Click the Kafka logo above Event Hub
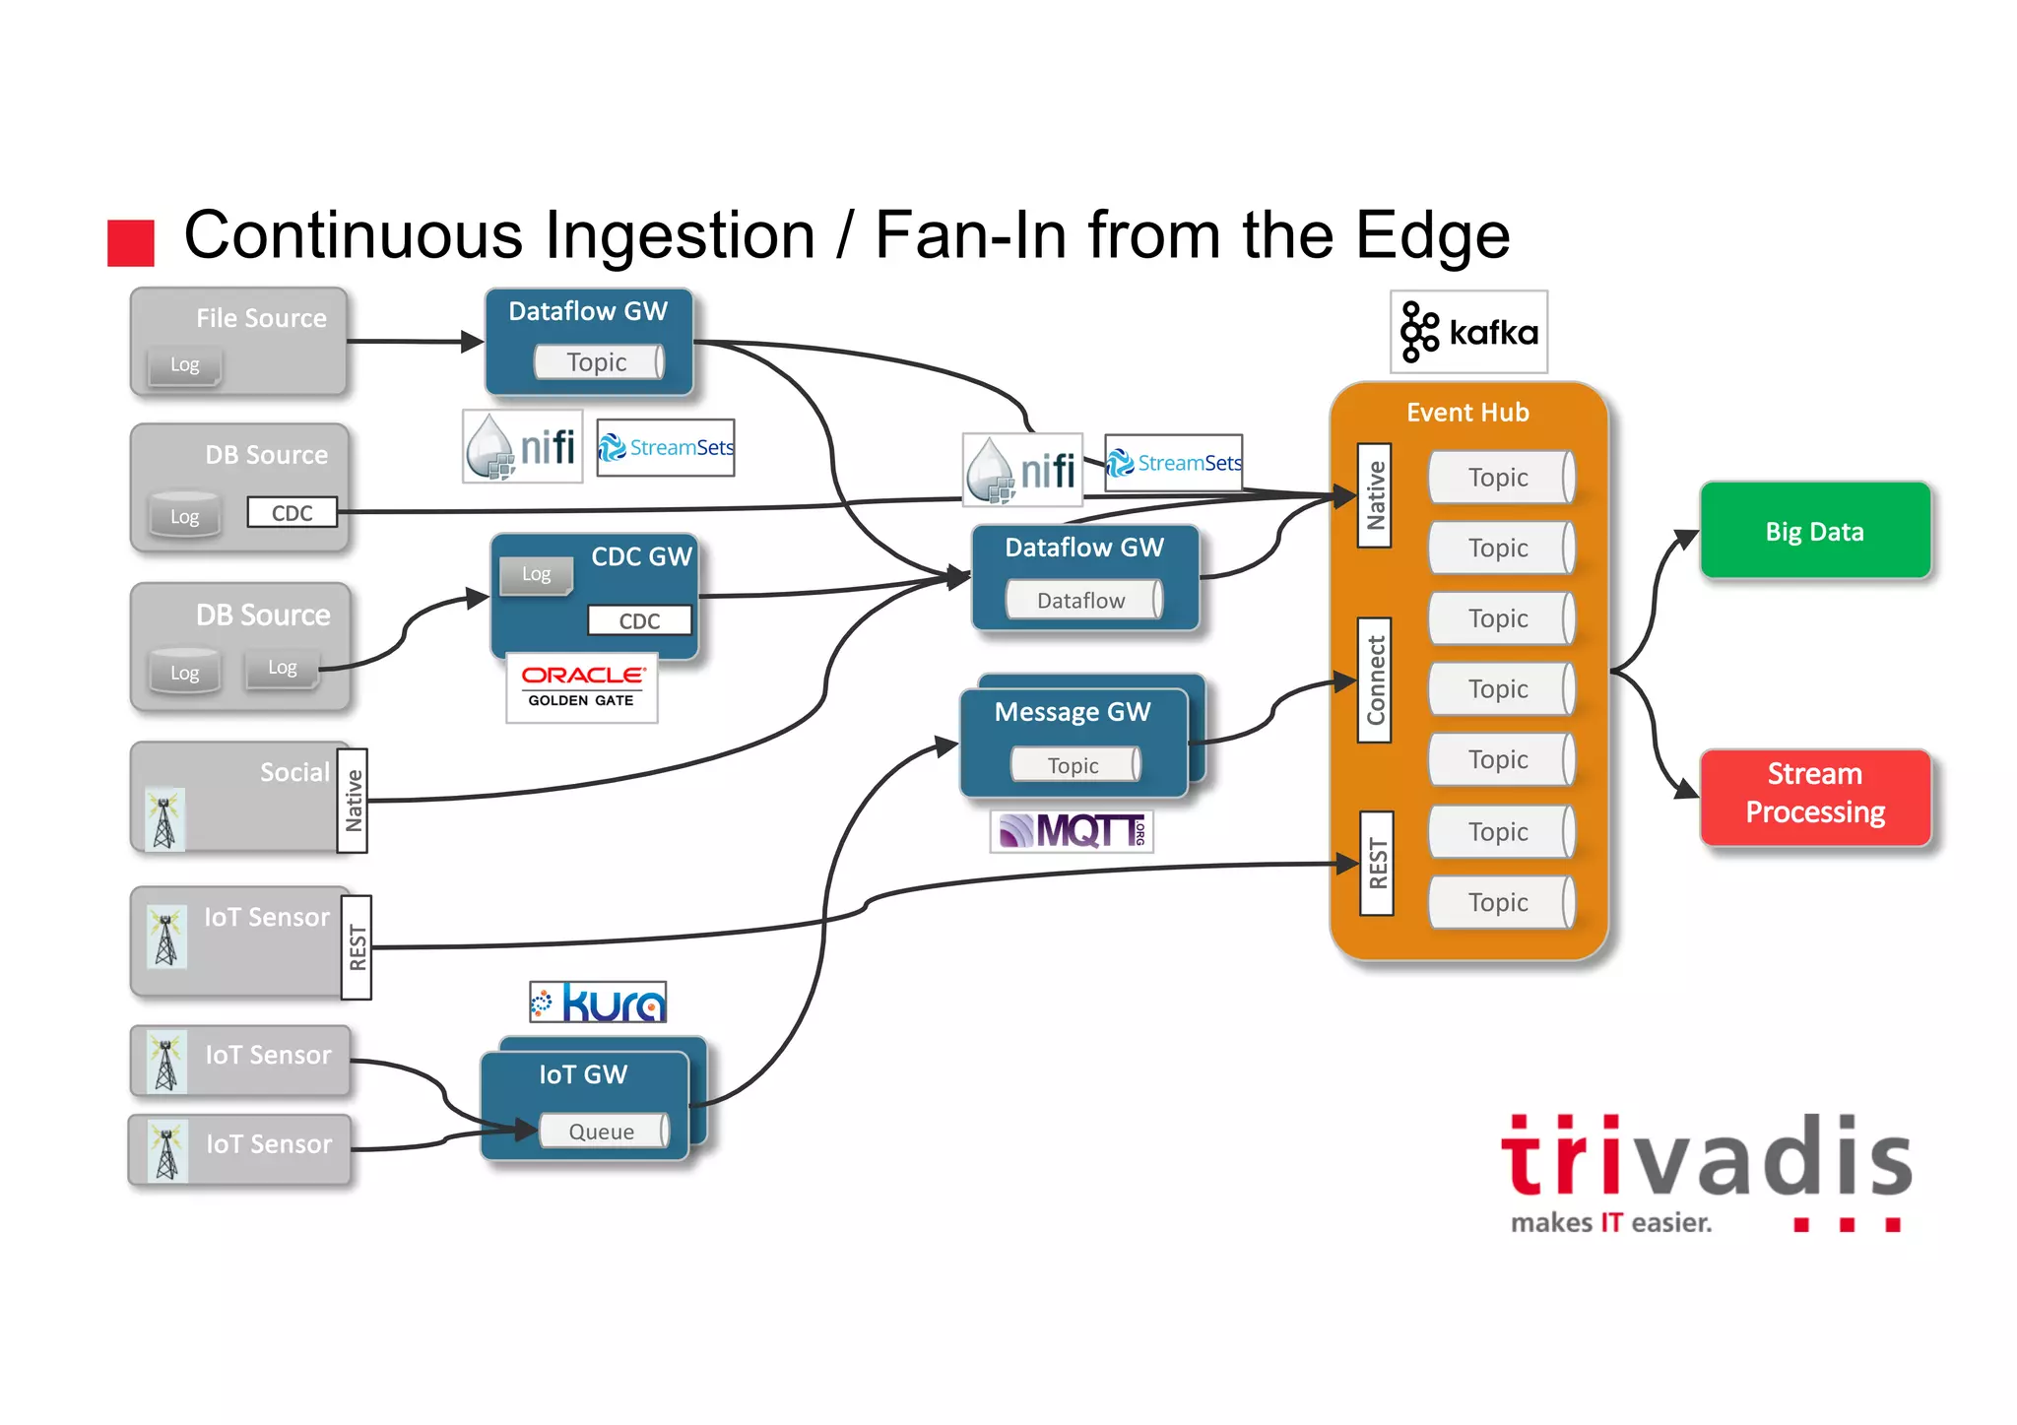click(1468, 332)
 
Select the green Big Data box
click(1814, 531)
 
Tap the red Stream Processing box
click(1814, 794)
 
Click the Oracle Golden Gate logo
click(581, 686)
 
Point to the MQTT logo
click(1072, 831)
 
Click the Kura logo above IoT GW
click(599, 1003)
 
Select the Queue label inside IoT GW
click(602, 1132)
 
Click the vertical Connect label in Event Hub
click(1375, 680)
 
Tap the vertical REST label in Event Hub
click(1377, 863)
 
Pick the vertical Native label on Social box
click(353, 800)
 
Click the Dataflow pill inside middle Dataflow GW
click(1081, 600)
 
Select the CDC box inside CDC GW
click(639, 620)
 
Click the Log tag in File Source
click(184, 364)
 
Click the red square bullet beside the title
click(131, 242)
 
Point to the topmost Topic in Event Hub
click(1499, 478)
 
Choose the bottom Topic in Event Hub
click(1499, 902)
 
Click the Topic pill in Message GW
click(1074, 765)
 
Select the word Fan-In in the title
click(970, 235)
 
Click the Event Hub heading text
click(1467, 412)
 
